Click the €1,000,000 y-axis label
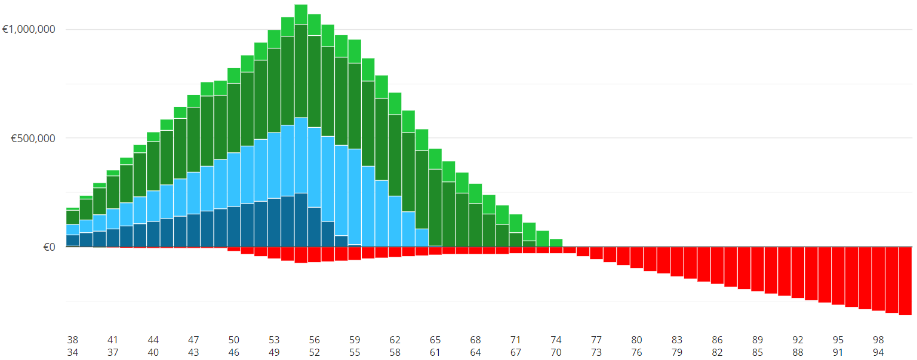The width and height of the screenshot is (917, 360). [x=29, y=29]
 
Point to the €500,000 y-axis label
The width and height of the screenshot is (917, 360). [x=33, y=138]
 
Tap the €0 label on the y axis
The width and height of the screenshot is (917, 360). [x=49, y=247]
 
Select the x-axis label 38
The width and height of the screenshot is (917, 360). [x=73, y=340]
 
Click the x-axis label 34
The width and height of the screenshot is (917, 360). [x=73, y=352]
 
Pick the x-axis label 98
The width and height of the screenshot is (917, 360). [x=878, y=340]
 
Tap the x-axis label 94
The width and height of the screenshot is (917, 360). [x=878, y=352]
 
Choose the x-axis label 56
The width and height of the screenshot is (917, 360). [x=315, y=340]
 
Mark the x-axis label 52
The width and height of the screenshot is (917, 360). [x=315, y=352]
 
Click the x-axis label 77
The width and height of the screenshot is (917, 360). [x=596, y=340]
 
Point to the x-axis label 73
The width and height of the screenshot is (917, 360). [x=596, y=352]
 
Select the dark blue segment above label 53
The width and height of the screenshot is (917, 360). [x=274, y=222]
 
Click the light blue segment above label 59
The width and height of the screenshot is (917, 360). [x=355, y=197]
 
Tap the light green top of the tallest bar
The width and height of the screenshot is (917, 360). [x=301, y=14]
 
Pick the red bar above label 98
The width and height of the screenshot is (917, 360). [x=878, y=278]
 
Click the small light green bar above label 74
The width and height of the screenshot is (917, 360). [x=556, y=242]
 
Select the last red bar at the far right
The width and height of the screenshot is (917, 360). [x=905, y=281]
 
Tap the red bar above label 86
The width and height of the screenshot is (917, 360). [x=717, y=265]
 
